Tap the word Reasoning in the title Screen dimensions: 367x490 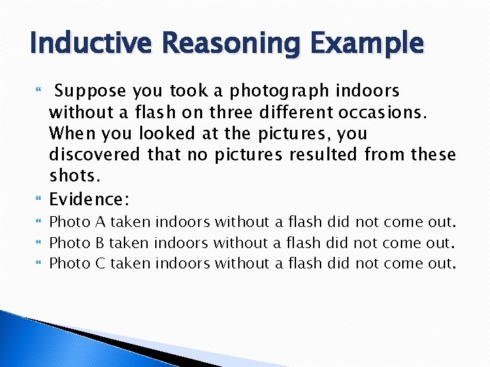pos(221,43)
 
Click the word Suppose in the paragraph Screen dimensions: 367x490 pos(93,91)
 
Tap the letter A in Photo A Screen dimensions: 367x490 pos(99,222)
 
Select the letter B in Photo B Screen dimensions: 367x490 pos(99,242)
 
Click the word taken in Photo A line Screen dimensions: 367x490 pos(131,222)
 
